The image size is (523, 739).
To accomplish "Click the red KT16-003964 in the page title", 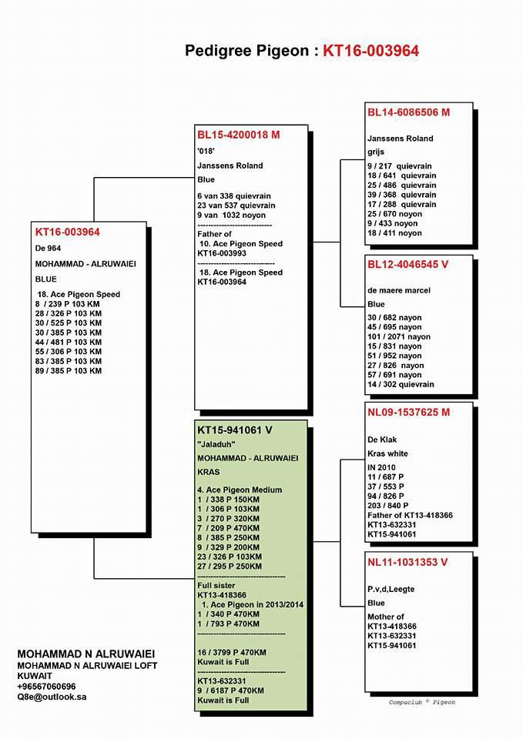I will point(370,51).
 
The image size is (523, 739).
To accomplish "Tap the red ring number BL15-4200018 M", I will point(238,135).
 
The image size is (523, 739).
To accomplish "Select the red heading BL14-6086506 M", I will point(408,112).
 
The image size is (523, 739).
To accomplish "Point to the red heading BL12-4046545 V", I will point(407,264).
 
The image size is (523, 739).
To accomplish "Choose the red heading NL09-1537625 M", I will point(408,413).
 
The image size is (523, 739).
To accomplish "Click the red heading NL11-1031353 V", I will point(407,562).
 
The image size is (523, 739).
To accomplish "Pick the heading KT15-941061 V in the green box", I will point(235,430).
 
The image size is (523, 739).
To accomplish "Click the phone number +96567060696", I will point(46,686).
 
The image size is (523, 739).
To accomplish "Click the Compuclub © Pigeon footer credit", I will point(422,702).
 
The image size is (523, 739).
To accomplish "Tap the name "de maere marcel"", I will point(398,290).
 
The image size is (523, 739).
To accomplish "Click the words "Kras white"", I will point(387,453).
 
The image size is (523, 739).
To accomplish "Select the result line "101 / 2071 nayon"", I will point(399,337).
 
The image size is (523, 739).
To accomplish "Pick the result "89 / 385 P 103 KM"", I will point(68,371).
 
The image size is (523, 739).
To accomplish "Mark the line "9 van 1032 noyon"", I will point(232,216).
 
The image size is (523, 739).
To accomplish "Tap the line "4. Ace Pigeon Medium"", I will point(240,490).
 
